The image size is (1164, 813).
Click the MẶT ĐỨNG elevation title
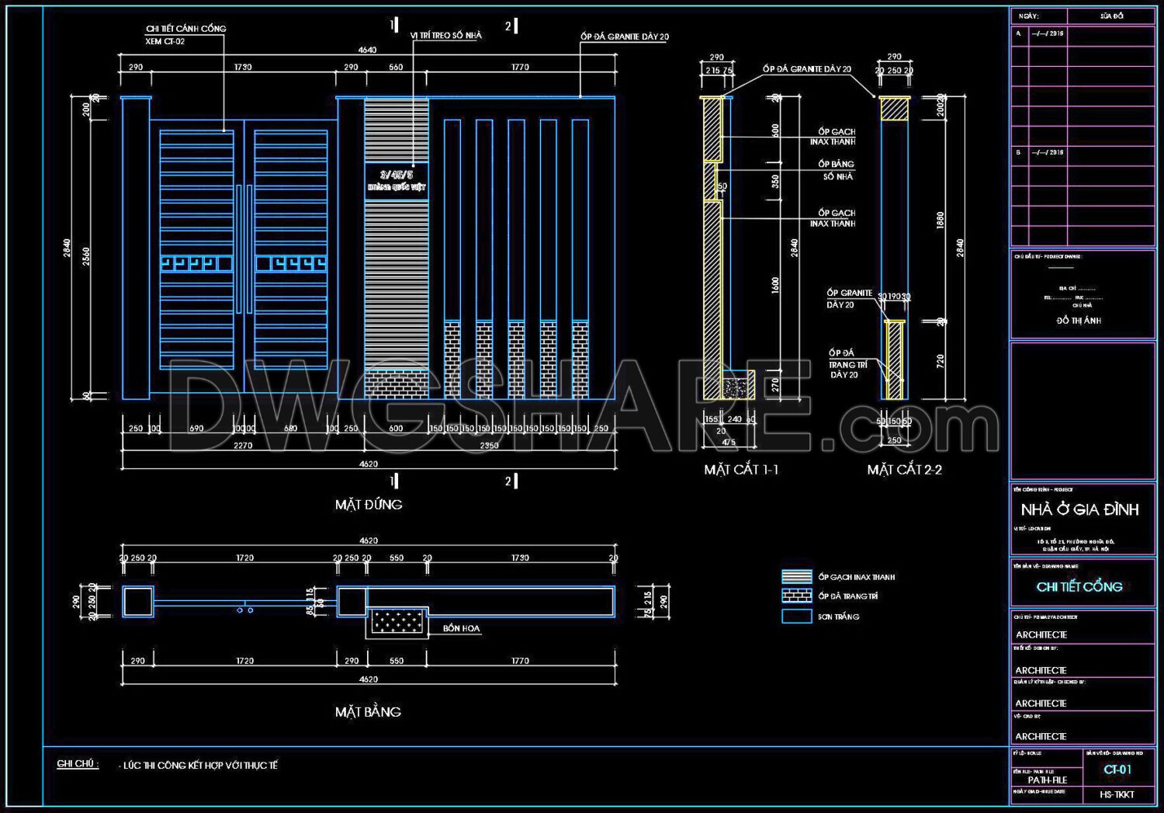[x=369, y=505]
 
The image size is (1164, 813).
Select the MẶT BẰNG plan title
[x=368, y=712]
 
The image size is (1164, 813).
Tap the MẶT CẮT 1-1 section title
[x=741, y=470]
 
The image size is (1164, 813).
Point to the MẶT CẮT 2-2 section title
[x=904, y=470]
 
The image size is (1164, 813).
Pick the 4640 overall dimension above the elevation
[x=367, y=50]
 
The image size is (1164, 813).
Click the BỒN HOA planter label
[x=462, y=628]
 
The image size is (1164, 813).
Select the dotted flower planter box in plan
[x=397, y=621]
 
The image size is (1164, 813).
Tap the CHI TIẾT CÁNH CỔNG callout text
[x=186, y=29]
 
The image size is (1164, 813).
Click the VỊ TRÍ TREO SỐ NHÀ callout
[x=446, y=36]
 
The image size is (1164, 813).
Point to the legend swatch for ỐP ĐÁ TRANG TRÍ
[x=797, y=596]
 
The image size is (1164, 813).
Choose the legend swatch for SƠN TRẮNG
[x=797, y=617]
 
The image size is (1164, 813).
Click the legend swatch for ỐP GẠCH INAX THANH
[x=797, y=577]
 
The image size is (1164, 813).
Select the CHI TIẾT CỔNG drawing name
[x=1079, y=587]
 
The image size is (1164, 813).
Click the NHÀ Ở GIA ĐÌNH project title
[x=1079, y=510]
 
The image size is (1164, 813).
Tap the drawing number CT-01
[x=1117, y=770]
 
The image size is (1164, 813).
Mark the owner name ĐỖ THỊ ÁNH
[x=1079, y=321]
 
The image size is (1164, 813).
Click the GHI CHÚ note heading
[x=78, y=764]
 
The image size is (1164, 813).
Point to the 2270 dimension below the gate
[x=243, y=446]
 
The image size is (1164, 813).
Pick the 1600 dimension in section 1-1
[x=775, y=285]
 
